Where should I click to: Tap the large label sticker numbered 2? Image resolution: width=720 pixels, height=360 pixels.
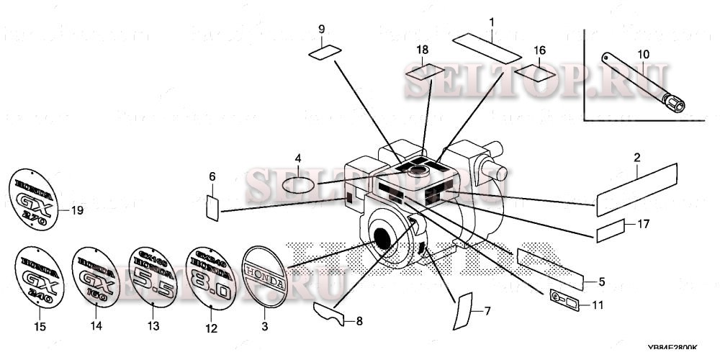tap(638, 189)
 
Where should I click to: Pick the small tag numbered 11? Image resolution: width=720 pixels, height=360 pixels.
tap(565, 297)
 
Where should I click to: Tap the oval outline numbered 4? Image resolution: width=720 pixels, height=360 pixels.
tap(297, 185)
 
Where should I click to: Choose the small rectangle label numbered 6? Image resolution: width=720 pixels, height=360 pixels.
tap(212, 207)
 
